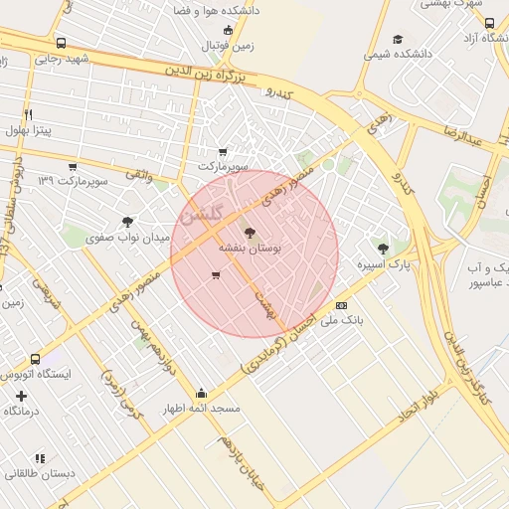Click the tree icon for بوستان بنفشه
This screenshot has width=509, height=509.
pyautogui.click(x=249, y=234)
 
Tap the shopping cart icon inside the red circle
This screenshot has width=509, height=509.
pyautogui.click(x=216, y=275)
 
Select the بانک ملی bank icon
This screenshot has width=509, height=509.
pyautogui.click(x=341, y=305)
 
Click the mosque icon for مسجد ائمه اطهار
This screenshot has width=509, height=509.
pyautogui.click(x=202, y=392)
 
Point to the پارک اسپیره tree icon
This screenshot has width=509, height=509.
pyautogui.click(x=383, y=248)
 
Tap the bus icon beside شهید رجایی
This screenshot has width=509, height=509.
pyautogui.click(x=62, y=44)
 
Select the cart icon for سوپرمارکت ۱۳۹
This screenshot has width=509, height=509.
pyautogui.click(x=72, y=166)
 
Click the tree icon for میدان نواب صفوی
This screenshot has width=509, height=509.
pyautogui.click(x=126, y=222)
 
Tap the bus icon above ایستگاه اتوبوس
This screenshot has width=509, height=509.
pyautogui.click(x=36, y=358)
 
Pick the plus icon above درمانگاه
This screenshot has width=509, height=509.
pyautogui.click(x=21, y=395)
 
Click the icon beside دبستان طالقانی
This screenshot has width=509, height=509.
pyautogui.click(x=40, y=458)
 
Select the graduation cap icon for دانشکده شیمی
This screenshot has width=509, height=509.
pyautogui.click(x=398, y=40)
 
